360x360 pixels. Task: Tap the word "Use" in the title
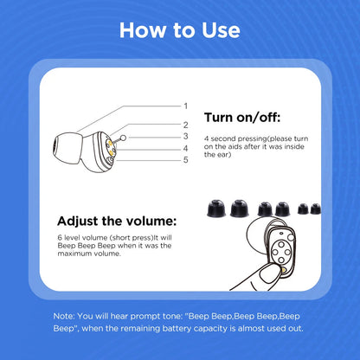point(218,30)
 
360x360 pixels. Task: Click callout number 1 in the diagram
point(184,105)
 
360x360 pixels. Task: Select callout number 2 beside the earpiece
point(184,125)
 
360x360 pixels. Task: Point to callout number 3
point(184,136)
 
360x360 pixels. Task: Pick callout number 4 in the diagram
point(184,148)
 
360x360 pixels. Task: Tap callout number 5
point(184,159)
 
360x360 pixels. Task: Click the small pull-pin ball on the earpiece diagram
point(124,137)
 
